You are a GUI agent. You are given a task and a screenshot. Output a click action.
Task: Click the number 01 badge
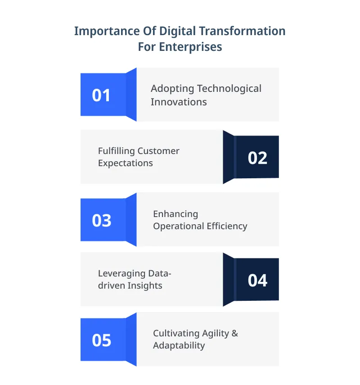pos(101,95)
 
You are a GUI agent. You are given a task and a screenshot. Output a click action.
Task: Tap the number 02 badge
pos(257,158)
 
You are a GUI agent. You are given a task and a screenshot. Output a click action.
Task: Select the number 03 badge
pos(101,220)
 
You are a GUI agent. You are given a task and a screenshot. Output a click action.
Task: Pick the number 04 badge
pos(257,281)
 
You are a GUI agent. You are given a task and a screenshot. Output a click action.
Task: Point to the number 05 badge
pos(101,340)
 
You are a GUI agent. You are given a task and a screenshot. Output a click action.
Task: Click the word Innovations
pos(179,102)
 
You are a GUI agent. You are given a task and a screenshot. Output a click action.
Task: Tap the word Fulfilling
pos(116,151)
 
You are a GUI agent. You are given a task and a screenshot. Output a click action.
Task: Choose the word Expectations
pos(126,163)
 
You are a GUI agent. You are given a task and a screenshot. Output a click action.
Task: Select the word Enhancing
pos(175,214)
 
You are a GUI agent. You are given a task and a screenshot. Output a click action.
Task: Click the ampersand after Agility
pos(234,333)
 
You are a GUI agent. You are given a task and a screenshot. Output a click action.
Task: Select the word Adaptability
pos(179,346)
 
